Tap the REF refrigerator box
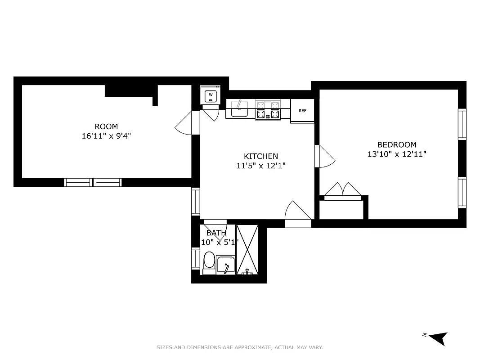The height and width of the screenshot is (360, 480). (x=302, y=110)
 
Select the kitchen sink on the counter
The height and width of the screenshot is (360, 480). (x=239, y=109)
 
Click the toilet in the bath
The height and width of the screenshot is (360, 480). (x=209, y=261)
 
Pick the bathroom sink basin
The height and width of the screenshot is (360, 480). (x=225, y=264)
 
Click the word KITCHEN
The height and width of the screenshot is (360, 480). (x=261, y=156)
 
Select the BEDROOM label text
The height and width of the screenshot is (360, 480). (x=396, y=144)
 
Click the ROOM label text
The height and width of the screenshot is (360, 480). (x=106, y=126)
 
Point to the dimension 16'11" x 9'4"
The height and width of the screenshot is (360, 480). (x=106, y=136)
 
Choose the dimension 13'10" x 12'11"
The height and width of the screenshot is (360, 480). (x=396, y=154)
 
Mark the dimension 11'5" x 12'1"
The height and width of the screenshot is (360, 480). (x=261, y=166)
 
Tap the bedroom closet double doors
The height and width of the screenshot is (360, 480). (x=343, y=190)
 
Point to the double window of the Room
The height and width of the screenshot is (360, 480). (x=93, y=182)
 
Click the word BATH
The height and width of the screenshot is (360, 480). (x=216, y=233)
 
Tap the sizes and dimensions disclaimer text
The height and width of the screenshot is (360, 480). (x=240, y=347)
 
